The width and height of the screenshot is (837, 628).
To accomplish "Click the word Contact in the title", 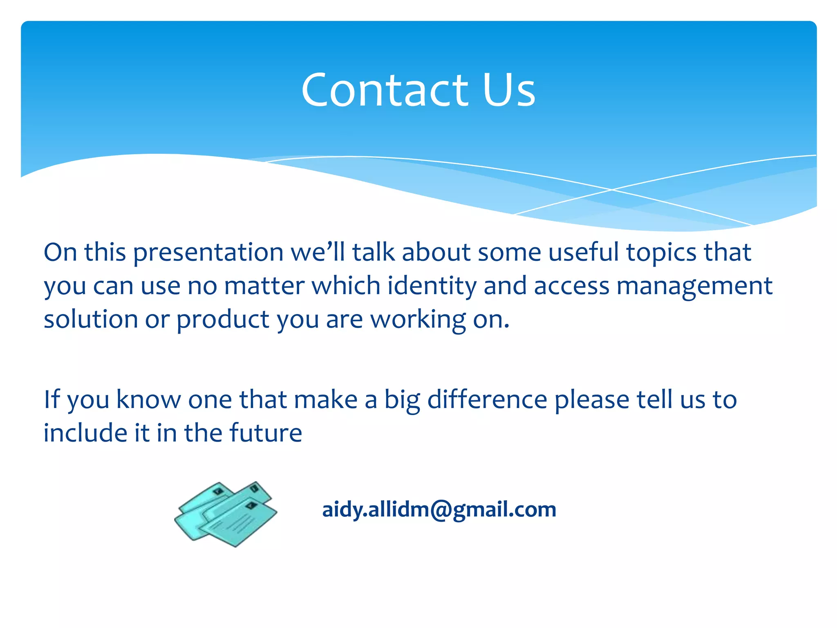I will coord(384,90).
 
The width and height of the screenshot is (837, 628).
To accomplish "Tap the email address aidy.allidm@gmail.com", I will coord(439,509).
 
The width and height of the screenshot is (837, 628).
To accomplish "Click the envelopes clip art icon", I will coord(226,514).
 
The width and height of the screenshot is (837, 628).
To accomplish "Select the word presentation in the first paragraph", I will coord(208,253).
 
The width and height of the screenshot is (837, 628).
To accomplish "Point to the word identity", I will coord(432,285).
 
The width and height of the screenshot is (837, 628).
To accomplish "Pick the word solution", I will coord(91,319).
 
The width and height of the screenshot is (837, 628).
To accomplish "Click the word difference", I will coord(487,399).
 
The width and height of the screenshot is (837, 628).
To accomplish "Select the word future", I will coord(265,433).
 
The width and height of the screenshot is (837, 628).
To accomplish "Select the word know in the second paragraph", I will coord(148,399).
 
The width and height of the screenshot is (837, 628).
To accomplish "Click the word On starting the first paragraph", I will coord(60,252).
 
